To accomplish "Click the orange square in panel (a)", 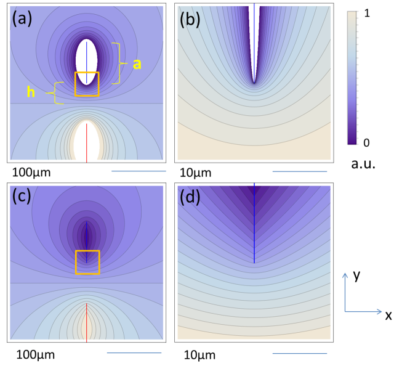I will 87,84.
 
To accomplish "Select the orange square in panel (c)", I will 87,262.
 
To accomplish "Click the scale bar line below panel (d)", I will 299,353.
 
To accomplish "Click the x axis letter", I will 388,316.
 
